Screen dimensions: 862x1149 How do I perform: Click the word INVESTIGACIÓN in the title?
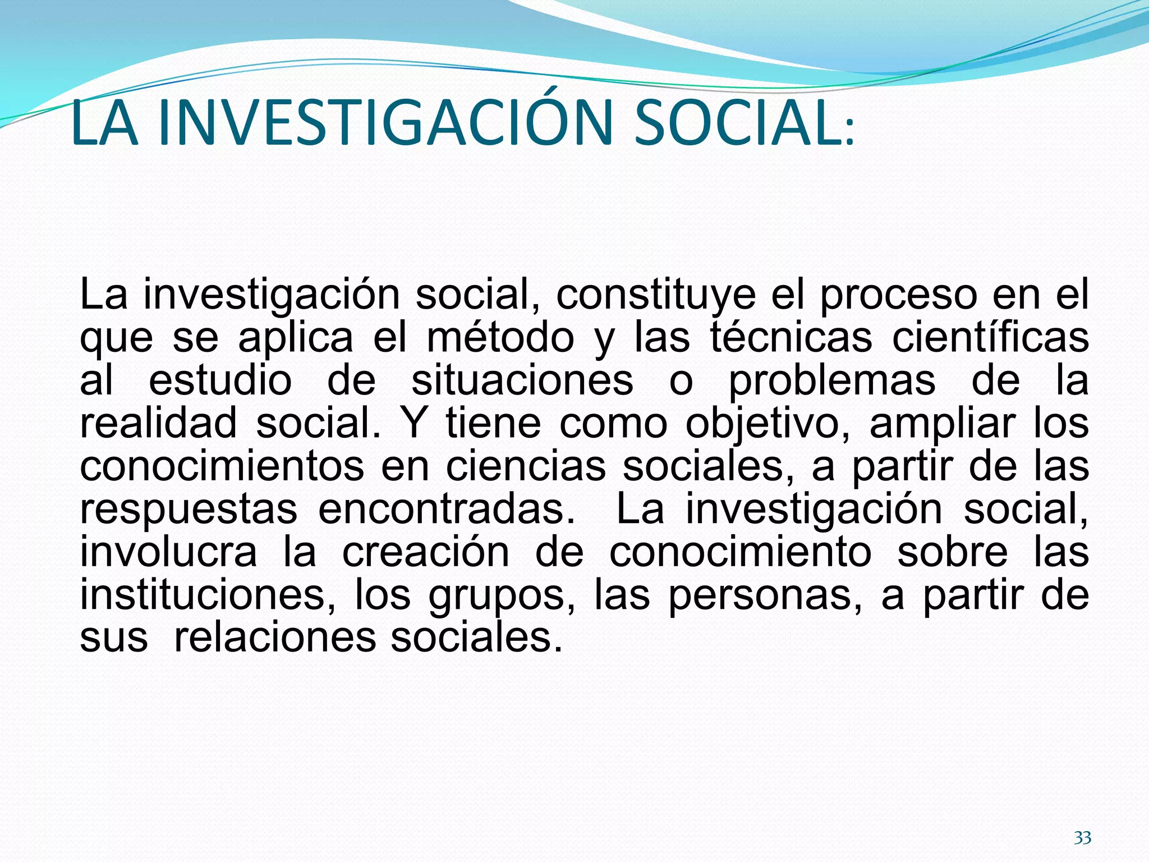point(384,123)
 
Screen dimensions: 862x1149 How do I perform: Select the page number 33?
point(1082,838)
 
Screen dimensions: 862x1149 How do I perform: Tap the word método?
point(500,338)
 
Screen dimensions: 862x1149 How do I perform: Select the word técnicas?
point(791,338)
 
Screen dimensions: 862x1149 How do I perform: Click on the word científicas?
point(990,338)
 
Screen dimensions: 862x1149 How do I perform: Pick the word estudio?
point(220,381)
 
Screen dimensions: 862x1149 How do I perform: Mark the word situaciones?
point(522,381)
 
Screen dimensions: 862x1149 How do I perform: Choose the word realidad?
point(158,424)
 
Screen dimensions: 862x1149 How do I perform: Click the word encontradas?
point(447,510)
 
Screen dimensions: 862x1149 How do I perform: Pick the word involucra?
point(168,553)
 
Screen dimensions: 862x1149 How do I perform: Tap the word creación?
point(426,553)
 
